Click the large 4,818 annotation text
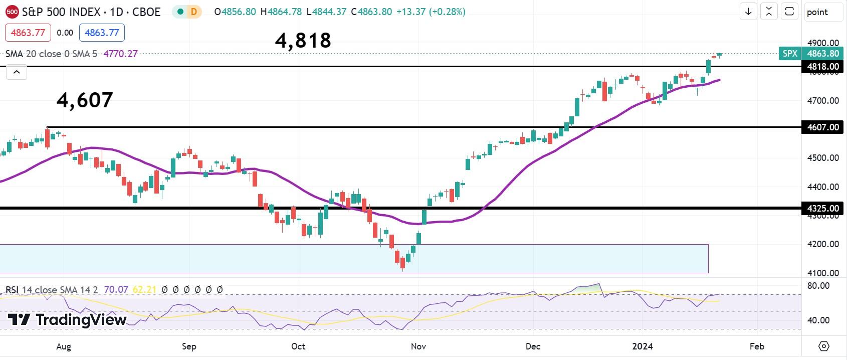click(x=303, y=41)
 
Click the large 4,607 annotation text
click(x=85, y=100)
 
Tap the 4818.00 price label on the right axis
click(x=822, y=67)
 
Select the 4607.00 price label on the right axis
click(x=822, y=127)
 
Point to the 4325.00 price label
click(x=822, y=208)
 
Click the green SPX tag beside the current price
click(x=789, y=54)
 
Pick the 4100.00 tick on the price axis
click(x=822, y=273)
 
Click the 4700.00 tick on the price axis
click(x=822, y=101)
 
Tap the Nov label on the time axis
click(x=418, y=346)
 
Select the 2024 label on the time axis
click(x=643, y=346)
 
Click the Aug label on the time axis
click(x=64, y=346)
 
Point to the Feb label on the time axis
click(x=757, y=346)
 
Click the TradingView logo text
click(x=67, y=319)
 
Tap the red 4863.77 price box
click(x=28, y=33)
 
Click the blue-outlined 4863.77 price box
click(x=102, y=33)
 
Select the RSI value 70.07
click(x=116, y=290)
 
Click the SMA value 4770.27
click(x=120, y=54)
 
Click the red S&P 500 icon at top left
click(x=12, y=12)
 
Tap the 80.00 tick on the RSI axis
click(x=819, y=286)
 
